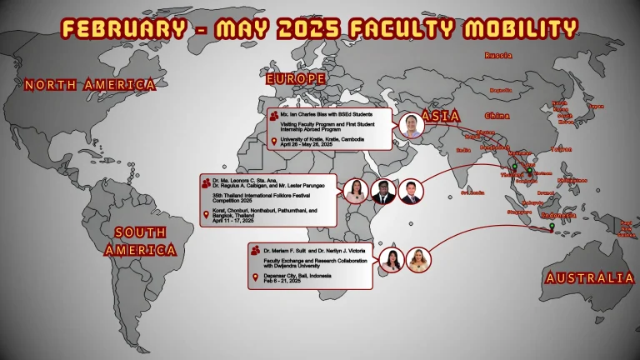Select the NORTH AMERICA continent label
tap(90, 84)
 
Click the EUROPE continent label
tap(295, 78)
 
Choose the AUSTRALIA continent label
tap(588, 278)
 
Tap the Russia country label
tap(498, 56)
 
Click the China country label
tap(497, 116)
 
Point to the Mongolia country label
tap(501, 90)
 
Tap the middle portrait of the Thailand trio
tap(383, 191)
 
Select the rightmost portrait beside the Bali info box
tap(419, 260)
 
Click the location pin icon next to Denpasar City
tap(257, 277)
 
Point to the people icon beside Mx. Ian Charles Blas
tap(275, 112)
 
